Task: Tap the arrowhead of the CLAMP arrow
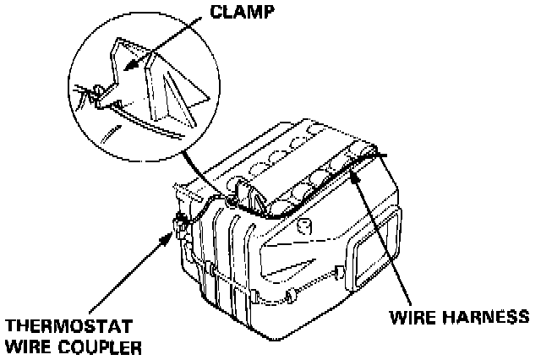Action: [x=124, y=67]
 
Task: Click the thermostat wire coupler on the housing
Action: [x=179, y=224]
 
